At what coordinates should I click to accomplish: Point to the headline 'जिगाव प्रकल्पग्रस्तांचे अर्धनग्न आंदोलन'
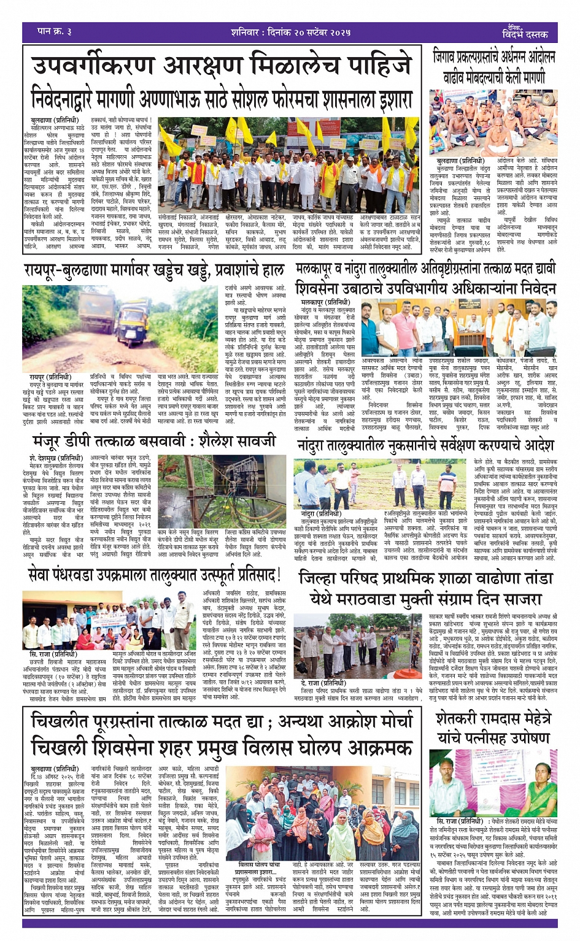[x=494, y=58]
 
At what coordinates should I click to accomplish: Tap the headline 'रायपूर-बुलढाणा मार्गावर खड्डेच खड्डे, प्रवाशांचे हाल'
[x=153, y=271]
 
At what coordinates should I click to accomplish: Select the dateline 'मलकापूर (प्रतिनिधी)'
[x=325, y=302]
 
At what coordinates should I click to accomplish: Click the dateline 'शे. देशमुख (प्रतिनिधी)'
[x=55, y=458]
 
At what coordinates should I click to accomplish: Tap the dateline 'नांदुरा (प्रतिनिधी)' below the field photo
[x=320, y=513]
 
